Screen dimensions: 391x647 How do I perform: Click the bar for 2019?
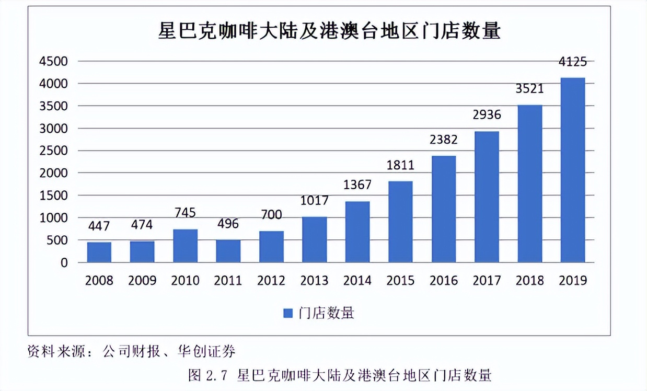click(x=572, y=170)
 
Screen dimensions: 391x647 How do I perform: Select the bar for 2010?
click(x=185, y=246)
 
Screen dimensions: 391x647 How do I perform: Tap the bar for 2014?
click(x=357, y=232)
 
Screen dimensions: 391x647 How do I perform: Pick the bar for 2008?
click(x=99, y=252)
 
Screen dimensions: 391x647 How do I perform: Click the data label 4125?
click(x=572, y=62)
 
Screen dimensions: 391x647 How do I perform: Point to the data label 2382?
click(x=443, y=140)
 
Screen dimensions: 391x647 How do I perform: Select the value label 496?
click(x=228, y=224)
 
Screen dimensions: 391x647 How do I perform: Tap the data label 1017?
click(x=314, y=201)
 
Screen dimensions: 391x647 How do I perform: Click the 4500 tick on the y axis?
click(x=54, y=61)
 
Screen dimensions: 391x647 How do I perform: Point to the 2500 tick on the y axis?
click(x=54, y=151)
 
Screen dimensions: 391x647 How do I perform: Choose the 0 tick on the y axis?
click(x=64, y=263)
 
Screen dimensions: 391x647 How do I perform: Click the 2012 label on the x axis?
click(x=271, y=281)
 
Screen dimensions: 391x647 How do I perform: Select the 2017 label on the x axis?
click(x=487, y=281)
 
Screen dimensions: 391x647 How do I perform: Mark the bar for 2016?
click(x=443, y=209)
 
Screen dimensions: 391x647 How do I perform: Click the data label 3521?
click(x=529, y=89)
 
